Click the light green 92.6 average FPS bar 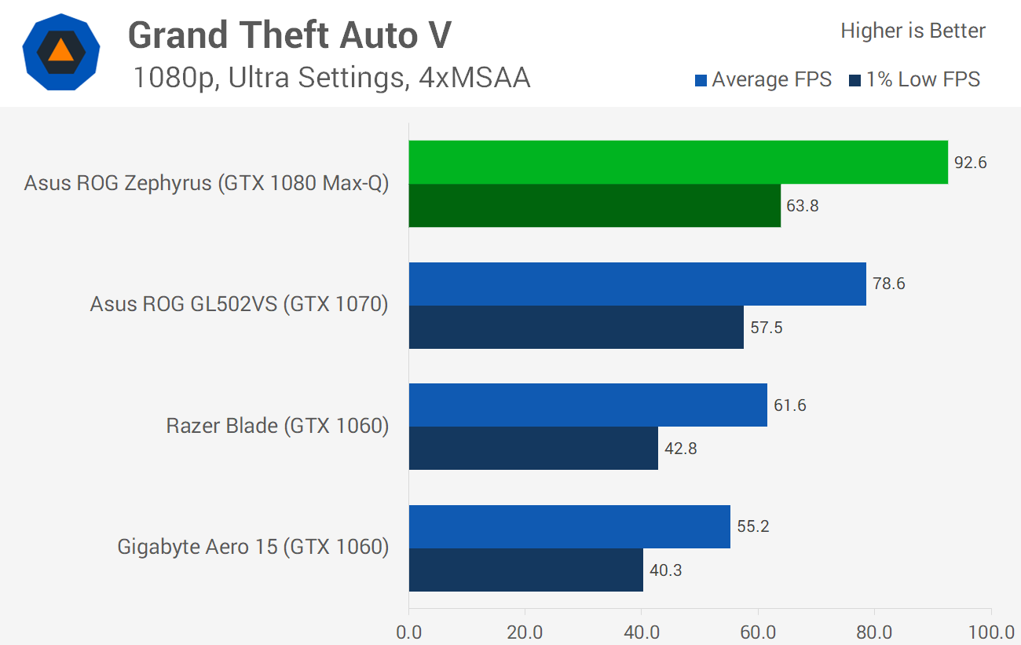[678, 163]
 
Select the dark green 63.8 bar [595, 206]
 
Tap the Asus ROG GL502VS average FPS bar [637, 284]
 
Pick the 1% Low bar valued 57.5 [576, 327]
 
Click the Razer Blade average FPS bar [587, 405]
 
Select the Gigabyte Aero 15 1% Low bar [525, 570]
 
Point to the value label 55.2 [753, 526]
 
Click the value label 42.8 [681, 449]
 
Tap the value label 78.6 [889, 284]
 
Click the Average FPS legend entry [763, 79]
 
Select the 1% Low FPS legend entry [915, 79]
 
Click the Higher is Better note [913, 31]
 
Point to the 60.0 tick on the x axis [758, 632]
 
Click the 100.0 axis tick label [991, 632]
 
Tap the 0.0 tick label [408, 632]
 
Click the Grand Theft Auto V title [290, 35]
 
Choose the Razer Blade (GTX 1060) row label [277, 427]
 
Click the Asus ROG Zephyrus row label [207, 184]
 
